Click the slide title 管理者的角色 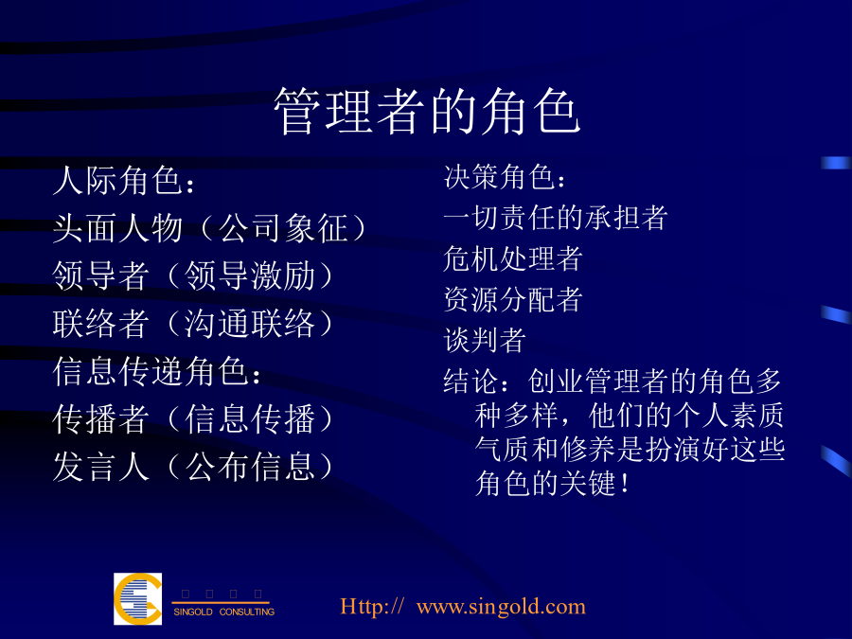tap(428, 112)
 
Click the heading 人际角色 tap(124, 180)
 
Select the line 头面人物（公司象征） tap(209, 227)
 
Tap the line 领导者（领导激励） tap(192, 275)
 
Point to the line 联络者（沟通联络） tap(192, 324)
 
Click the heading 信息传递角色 tap(157, 372)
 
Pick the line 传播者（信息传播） tap(192, 419)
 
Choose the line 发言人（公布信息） tap(192, 468)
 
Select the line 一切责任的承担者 tap(556, 218)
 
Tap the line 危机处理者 tap(513, 258)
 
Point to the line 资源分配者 tap(513, 299)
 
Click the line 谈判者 tap(485, 340)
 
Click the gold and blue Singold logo tap(137, 599)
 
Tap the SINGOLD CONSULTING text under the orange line tap(223, 612)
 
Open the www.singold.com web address tap(501, 607)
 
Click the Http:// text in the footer tap(372, 607)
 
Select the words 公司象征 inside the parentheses tap(282, 227)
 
